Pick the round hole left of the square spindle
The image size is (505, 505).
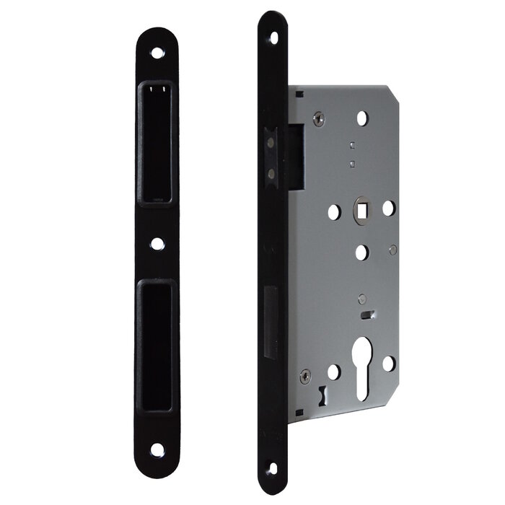pos(334,211)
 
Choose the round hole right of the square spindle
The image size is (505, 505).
pos(388,208)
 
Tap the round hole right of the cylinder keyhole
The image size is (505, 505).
pos(388,363)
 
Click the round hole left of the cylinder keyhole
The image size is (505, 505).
pos(333,372)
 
